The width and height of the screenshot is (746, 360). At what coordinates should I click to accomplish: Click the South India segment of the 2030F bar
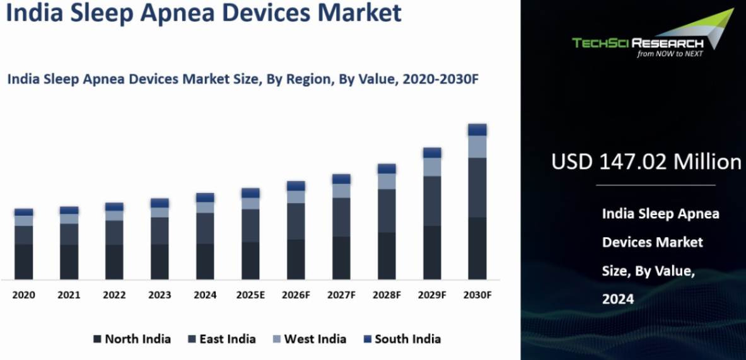pyautogui.click(x=477, y=130)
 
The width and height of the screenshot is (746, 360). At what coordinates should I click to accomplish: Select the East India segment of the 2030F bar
pyautogui.click(x=477, y=187)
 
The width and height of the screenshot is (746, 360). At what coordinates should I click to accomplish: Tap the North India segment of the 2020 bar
pyautogui.click(x=23, y=262)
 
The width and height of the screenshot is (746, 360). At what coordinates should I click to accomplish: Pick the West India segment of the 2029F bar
pyautogui.click(x=432, y=167)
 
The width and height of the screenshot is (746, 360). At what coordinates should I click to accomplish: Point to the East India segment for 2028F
pyautogui.click(x=387, y=211)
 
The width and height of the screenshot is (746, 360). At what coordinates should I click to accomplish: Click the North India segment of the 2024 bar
pyautogui.click(x=205, y=262)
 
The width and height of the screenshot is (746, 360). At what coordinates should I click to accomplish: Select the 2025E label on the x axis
pyautogui.click(x=250, y=295)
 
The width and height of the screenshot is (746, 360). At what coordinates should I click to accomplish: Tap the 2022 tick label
pyautogui.click(x=114, y=295)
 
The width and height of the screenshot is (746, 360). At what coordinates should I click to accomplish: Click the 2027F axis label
pyautogui.click(x=341, y=295)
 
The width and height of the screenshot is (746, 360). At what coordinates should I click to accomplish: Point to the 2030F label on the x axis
pyautogui.click(x=477, y=295)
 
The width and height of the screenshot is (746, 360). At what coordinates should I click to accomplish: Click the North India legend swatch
pyautogui.click(x=97, y=339)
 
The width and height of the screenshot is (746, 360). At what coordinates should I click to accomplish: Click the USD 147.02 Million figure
pyautogui.click(x=646, y=162)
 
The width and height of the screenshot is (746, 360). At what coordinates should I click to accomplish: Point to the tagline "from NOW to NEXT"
pyautogui.click(x=669, y=54)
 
